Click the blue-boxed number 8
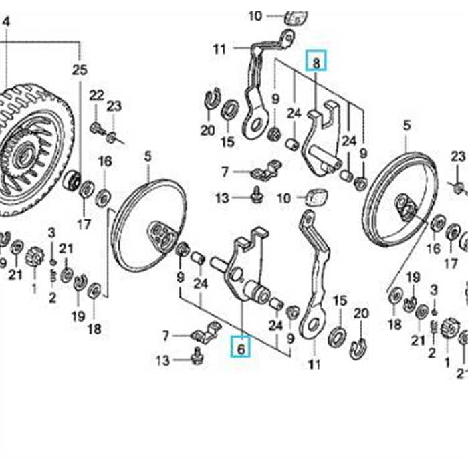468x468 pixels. click(x=316, y=64)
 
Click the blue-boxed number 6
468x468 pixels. click(x=241, y=347)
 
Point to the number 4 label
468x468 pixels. click(x=7, y=22)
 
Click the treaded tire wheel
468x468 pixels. click(x=30, y=150)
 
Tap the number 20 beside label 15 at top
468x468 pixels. click(x=207, y=131)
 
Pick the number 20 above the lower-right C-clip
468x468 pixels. click(x=361, y=313)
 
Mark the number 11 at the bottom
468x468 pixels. click(x=314, y=365)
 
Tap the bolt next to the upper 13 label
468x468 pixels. click(x=255, y=195)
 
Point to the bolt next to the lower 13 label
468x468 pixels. click(x=197, y=358)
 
